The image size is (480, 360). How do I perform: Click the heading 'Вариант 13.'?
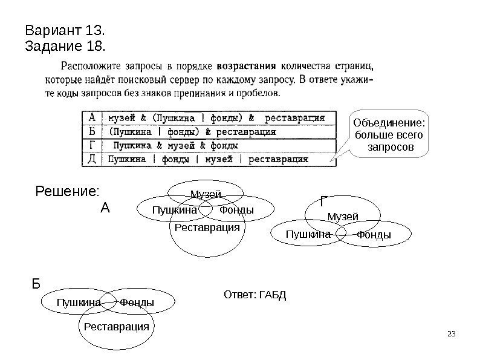[x=65, y=30]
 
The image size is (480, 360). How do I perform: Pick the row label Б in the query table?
[x=91, y=131]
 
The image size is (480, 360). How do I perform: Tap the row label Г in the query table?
[x=91, y=146]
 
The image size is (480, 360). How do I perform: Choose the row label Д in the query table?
[x=91, y=160]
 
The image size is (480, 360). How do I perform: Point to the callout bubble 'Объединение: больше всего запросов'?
[x=389, y=135]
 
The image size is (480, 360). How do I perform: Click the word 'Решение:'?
[x=66, y=192]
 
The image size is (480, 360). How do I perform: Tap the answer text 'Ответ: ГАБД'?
[x=255, y=295]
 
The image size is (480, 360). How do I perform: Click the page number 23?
[x=449, y=335]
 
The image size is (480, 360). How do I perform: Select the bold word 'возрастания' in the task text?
[x=247, y=65]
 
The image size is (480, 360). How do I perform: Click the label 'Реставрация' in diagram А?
[x=207, y=227]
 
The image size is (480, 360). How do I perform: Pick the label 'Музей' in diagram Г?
[x=343, y=216]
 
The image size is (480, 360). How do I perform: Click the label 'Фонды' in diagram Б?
[x=137, y=302]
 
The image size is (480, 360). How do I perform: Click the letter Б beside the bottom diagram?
[x=36, y=283]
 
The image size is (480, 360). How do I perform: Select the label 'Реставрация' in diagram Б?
[x=116, y=327]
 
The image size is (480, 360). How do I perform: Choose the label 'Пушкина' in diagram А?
[x=175, y=210]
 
